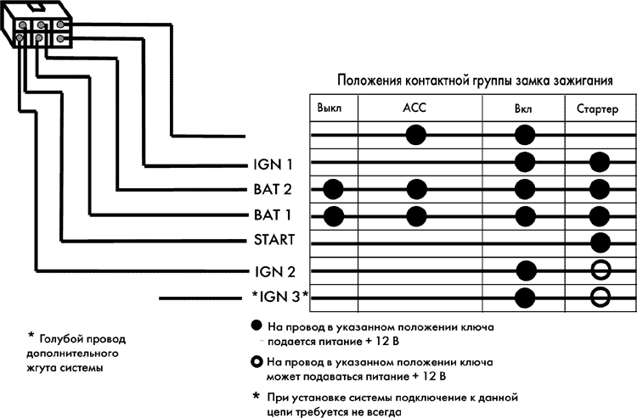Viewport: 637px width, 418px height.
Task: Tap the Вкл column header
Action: [524, 109]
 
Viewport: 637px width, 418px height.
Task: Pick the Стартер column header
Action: [600, 109]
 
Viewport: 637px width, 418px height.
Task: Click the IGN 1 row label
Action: [273, 162]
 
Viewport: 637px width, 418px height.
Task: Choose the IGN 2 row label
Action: [273, 270]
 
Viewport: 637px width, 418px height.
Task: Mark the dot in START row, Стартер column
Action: [600, 242]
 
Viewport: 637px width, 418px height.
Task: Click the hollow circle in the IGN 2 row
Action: [600, 270]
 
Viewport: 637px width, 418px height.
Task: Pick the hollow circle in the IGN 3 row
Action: [600, 298]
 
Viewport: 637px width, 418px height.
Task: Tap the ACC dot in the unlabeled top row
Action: [416, 135]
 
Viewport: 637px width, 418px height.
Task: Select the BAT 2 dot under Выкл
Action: [334, 188]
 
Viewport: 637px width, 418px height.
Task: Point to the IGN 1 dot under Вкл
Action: [525, 162]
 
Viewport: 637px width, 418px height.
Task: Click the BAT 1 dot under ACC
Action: [416, 215]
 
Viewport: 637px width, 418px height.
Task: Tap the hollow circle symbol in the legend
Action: [256, 361]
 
